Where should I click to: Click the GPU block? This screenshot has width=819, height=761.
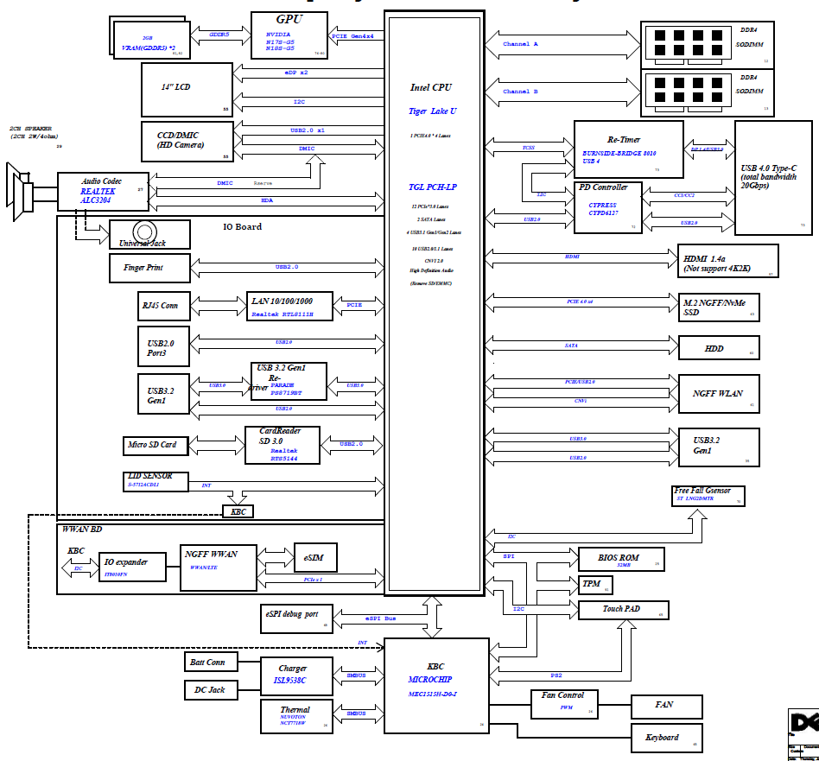[x=289, y=35]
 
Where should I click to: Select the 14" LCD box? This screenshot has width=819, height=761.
[x=187, y=88]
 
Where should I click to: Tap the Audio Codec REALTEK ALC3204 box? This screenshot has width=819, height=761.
[x=103, y=192]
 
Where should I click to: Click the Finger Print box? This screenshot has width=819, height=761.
[x=149, y=268]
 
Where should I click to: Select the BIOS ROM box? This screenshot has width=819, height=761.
[x=619, y=559]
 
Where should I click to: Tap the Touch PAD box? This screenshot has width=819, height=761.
[x=621, y=610]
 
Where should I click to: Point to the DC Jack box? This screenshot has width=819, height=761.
[x=209, y=690]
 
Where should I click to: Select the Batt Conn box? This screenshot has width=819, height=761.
[x=209, y=663]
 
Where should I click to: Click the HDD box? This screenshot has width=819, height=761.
[x=719, y=348]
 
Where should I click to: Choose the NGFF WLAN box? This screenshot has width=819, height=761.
[x=719, y=393]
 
